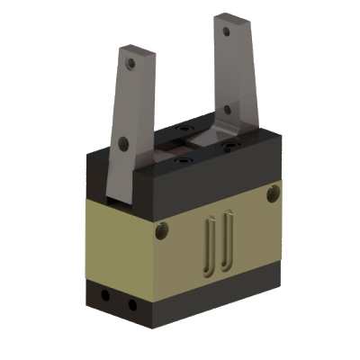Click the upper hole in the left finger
[131, 64]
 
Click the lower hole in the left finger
[122, 141]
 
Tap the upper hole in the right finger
[230, 32]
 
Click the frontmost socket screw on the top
[185, 159]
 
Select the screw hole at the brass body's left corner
[163, 231]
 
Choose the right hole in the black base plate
[131, 304]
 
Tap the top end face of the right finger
[231, 16]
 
